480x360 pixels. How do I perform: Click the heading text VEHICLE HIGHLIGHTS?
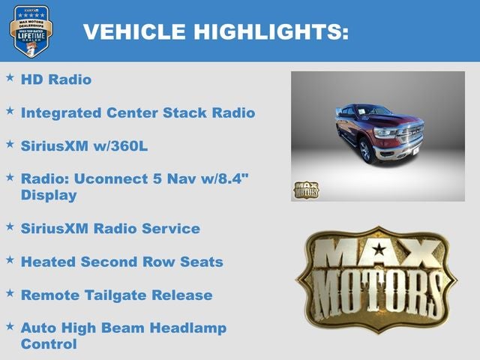click(216, 31)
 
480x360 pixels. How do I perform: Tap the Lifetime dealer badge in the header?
click(31, 31)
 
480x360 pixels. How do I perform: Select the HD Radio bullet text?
click(56, 79)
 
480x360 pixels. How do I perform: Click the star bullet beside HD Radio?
click(10, 77)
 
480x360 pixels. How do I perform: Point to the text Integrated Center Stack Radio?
click(138, 112)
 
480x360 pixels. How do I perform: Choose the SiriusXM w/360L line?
click(84, 145)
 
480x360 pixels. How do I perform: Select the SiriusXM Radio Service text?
click(110, 228)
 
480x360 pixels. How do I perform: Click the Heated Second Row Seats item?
click(121, 262)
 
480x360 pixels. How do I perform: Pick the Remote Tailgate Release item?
click(116, 295)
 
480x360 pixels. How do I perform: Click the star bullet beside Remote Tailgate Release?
click(10, 292)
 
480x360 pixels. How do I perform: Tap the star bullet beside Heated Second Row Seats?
click(10, 259)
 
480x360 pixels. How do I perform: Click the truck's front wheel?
click(366, 150)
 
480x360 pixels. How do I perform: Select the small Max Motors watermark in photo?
click(305, 190)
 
